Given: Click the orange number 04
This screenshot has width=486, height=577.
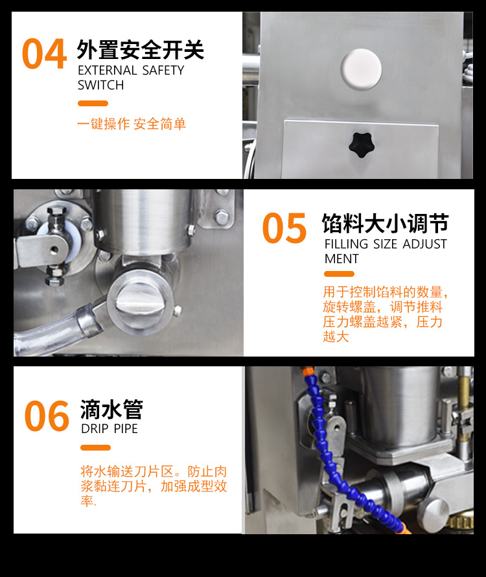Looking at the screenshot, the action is pyautogui.click(x=44, y=54).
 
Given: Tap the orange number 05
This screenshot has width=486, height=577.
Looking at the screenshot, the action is pyautogui.click(x=284, y=228).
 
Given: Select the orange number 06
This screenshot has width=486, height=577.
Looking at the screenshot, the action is pyautogui.click(x=47, y=416).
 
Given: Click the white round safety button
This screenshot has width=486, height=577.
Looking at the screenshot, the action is pyautogui.click(x=361, y=69).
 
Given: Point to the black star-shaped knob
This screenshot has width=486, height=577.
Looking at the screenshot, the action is pyautogui.click(x=362, y=145).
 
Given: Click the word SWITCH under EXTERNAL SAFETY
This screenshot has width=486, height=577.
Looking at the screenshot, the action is pyautogui.click(x=101, y=86).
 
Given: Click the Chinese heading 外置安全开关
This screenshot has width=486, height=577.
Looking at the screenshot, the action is pyautogui.click(x=140, y=50).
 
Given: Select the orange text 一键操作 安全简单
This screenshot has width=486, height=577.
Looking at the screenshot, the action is pyautogui.click(x=132, y=124).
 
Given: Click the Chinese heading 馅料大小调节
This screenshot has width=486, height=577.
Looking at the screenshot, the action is pyautogui.click(x=385, y=224).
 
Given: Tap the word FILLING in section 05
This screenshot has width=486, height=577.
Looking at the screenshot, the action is pyautogui.click(x=346, y=244).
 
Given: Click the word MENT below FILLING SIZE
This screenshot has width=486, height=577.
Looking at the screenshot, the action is pyautogui.click(x=341, y=259).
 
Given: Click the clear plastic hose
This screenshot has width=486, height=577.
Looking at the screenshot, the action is pyautogui.click(x=55, y=330).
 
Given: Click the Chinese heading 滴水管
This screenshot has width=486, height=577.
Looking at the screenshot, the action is pyautogui.click(x=111, y=409).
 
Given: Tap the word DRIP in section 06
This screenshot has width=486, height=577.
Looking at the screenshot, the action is pyautogui.click(x=95, y=429).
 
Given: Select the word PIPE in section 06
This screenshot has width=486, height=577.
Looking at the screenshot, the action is pyautogui.click(x=126, y=429).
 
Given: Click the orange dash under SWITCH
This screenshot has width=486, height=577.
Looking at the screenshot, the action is pyautogui.click(x=93, y=103).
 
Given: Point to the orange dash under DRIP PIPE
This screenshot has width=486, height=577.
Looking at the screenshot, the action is pyautogui.click(x=95, y=447).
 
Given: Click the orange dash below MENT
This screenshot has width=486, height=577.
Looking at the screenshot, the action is pyautogui.click(x=339, y=274).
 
